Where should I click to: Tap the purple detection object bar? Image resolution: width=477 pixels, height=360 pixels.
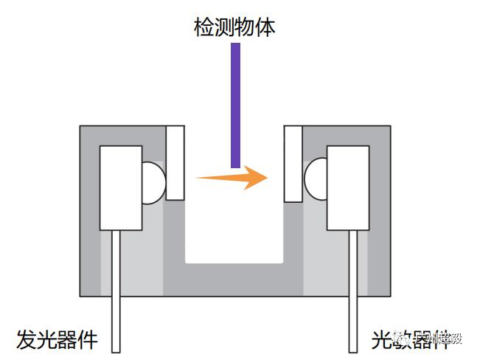235,103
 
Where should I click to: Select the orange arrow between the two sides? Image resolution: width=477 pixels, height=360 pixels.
229,177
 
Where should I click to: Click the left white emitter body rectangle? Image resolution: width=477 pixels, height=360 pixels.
121,187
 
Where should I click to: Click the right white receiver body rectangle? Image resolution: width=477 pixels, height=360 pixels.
347,187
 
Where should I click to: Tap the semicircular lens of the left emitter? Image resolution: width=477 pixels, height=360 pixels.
153,182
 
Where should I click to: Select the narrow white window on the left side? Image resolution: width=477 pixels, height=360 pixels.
175,163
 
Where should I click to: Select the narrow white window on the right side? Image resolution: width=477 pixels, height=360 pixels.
293,163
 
